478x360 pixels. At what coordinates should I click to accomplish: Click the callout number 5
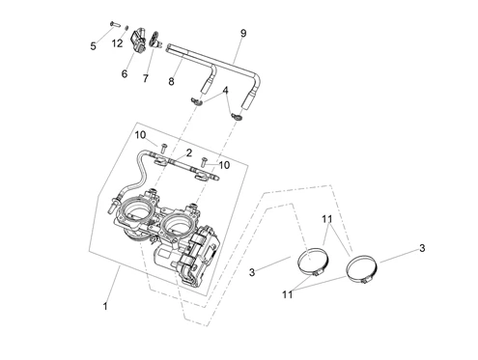pos(93,46)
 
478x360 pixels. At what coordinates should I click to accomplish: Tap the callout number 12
pos(118,43)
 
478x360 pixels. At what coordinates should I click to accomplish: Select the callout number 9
pos(243,33)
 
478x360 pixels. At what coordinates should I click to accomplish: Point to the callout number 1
pos(105,306)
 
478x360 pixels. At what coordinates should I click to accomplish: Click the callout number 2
pos(188,152)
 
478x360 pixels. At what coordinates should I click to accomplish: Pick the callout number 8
pos(171,81)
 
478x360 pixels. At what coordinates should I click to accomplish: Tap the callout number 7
pos(146,78)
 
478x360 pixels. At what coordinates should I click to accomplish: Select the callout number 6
pos(125,73)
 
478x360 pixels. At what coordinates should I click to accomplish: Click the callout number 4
pos(225,91)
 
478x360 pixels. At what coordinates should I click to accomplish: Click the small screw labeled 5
pos(115,24)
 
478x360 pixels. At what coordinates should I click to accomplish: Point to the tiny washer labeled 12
pos(127,27)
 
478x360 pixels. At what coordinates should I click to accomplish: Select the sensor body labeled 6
pos(138,40)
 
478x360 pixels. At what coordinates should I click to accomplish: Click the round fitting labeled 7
pos(155,40)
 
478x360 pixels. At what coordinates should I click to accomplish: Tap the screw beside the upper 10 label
pos(164,148)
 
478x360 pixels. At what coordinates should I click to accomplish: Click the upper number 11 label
pos(326,219)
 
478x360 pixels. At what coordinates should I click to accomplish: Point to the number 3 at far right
pos(422,248)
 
